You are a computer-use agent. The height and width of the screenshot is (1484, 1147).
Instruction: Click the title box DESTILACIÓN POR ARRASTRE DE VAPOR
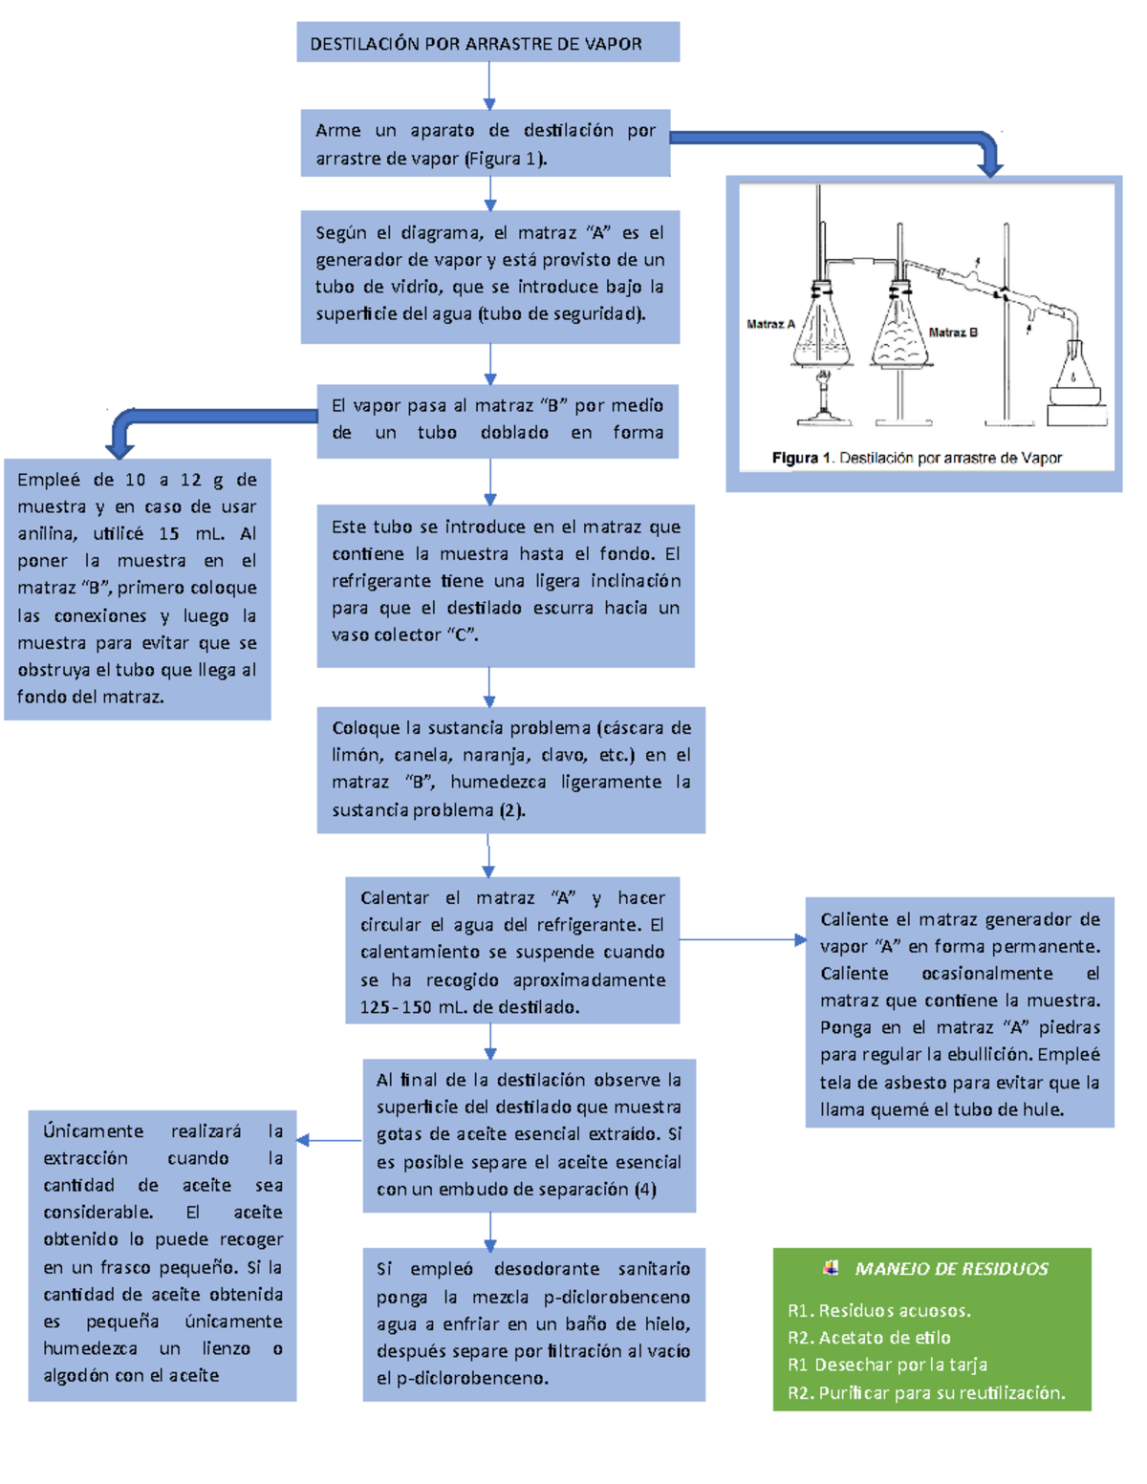(x=487, y=43)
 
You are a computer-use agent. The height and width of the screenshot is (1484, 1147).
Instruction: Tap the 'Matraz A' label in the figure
(x=770, y=324)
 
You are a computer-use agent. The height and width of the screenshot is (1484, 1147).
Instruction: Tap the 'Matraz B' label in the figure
(x=953, y=333)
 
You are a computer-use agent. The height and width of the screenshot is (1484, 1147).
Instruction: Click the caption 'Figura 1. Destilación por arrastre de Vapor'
(x=917, y=458)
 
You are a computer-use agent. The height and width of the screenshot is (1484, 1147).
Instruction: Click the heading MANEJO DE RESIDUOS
(x=951, y=1269)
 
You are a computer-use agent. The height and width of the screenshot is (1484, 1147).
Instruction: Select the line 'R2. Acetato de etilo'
(x=869, y=1338)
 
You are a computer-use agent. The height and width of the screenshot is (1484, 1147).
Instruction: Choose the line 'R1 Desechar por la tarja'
(x=887, y=1365)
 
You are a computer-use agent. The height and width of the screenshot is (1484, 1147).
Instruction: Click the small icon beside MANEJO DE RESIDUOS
(x=831, y=1268)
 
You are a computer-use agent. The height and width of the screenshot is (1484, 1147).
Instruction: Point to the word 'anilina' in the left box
(x=47, y=534)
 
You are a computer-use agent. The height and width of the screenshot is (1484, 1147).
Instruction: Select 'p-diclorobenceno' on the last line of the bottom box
(x=472, y=1378)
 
